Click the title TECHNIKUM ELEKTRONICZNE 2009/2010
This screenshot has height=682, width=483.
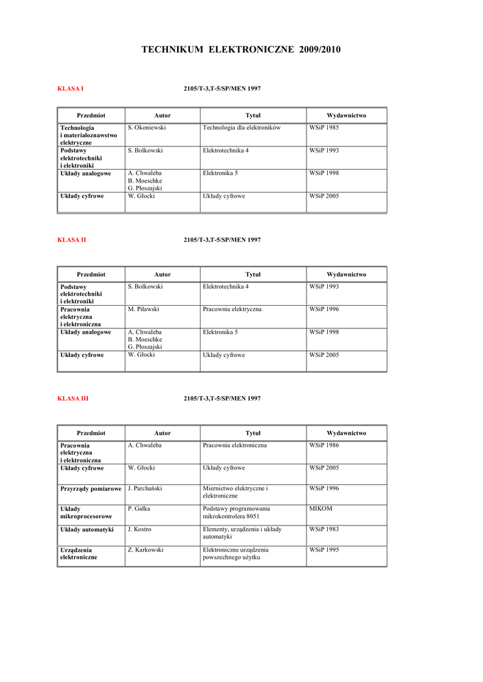click(x=241, y=50)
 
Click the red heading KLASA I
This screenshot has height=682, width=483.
click(x=70, y=89)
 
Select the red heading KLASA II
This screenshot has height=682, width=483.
click(x=71, y=240)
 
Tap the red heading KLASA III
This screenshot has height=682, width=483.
click(x=73, y=398)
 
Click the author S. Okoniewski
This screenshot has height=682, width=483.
click(x=147, y=127)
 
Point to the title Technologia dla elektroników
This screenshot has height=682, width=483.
click(x=241, y=127)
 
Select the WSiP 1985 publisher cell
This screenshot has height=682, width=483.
click(x=324, y=127)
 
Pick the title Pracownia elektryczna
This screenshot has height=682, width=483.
click(x=232, y=309)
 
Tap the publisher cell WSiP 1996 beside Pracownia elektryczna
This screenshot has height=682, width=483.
click(x=324, y=309)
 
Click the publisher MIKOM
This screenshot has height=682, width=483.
click(x=321, y=508)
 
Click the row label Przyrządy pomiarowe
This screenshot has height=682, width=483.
click(x=91, y=489)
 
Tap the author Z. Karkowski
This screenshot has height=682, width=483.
click(x=145, y=550)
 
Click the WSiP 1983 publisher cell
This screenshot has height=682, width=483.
click(x=324, y=529)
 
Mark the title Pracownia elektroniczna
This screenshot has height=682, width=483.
click(x=235, y=445)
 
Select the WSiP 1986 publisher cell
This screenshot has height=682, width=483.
click(x=324, y=445)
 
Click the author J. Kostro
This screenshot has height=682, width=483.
click(x=139, y=529)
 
